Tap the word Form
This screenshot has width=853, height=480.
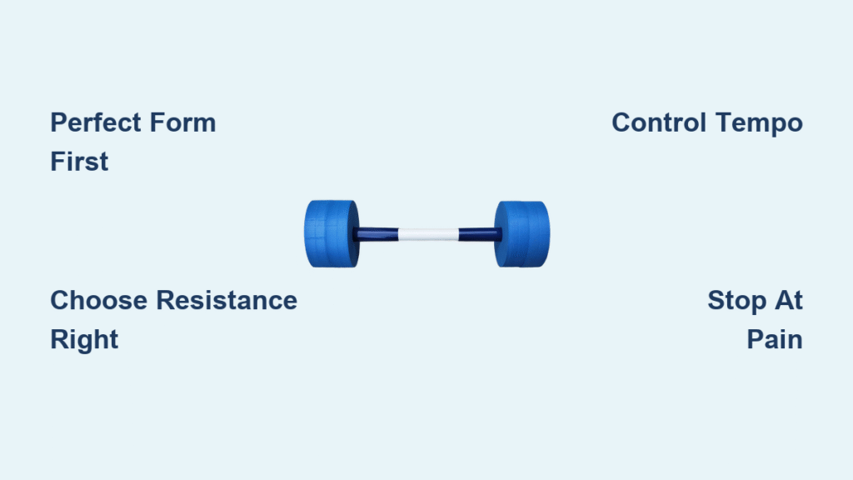point(182,122)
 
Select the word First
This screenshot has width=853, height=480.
point(79,162)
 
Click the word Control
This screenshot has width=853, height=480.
point(660,122)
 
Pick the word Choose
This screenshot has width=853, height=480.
point(99,300)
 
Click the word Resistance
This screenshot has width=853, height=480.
point(227,300)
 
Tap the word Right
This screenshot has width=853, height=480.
point(84,341)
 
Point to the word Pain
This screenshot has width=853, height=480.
point(775,340)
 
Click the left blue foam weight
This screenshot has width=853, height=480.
point(332,234)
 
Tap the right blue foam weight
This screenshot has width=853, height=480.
point(521,234)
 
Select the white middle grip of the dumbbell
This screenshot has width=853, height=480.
point(428,234)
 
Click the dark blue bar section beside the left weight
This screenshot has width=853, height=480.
point(377,234)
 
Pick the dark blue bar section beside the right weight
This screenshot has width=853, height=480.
point(479,234)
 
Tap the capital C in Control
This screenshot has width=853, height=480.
point(622,122)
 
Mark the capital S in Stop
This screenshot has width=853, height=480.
point(717,300)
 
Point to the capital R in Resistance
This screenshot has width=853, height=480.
point(167,300)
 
